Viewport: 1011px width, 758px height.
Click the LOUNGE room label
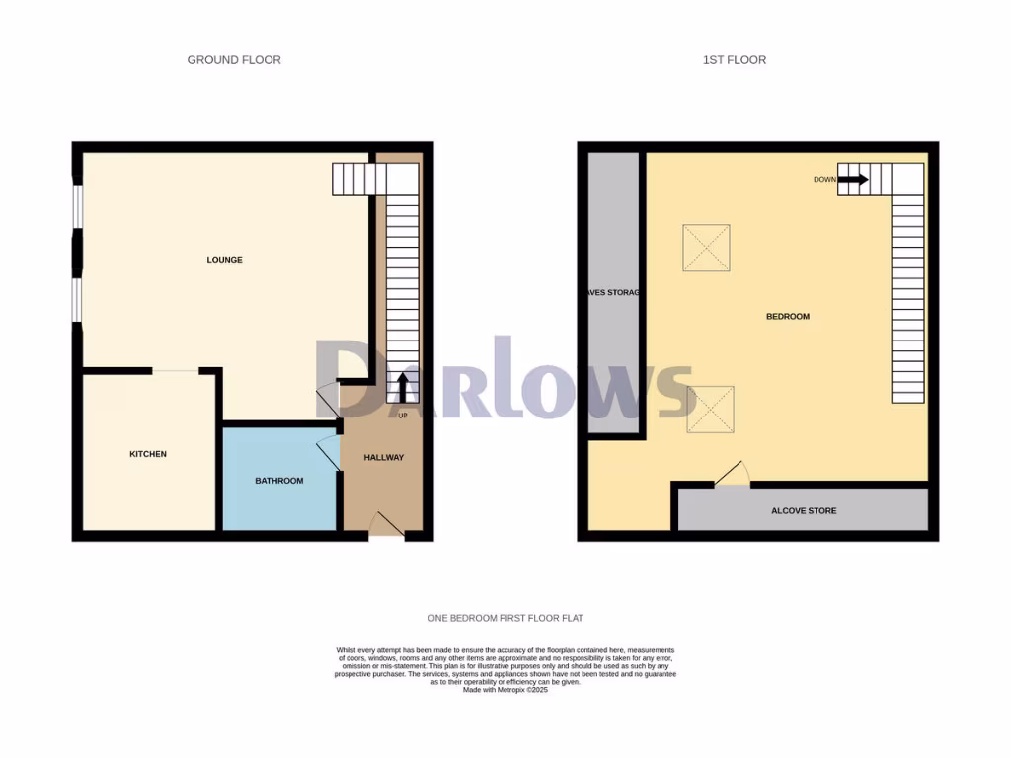click(x=224, y=260)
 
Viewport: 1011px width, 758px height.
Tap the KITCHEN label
click(x=148, y=454)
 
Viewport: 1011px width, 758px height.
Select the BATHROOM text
click(x=279, y=481)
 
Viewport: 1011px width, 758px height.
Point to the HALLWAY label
click(x=383, y=457)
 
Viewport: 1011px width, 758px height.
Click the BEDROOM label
click(x=788, y=317)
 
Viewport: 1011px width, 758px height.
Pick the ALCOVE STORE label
click(x=804, y=510)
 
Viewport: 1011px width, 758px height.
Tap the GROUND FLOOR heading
click(x=234, y=60)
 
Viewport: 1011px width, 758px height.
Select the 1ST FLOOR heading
click(x=734, y=60)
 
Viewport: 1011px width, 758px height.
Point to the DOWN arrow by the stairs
click(x=853, y=180)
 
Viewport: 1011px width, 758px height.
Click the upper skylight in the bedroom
click(x=707, y=247)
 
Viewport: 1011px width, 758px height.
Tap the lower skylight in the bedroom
click(x=710, y=409)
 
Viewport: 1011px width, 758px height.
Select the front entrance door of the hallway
click(x=386, y=526)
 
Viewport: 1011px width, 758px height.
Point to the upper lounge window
click(x=77, y=208)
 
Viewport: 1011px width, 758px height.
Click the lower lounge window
click(x=77, y=299)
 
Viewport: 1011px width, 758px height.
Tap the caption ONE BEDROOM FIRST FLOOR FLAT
click(x=505, y=619)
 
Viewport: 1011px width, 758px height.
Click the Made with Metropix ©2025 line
click(x=505, y=690)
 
